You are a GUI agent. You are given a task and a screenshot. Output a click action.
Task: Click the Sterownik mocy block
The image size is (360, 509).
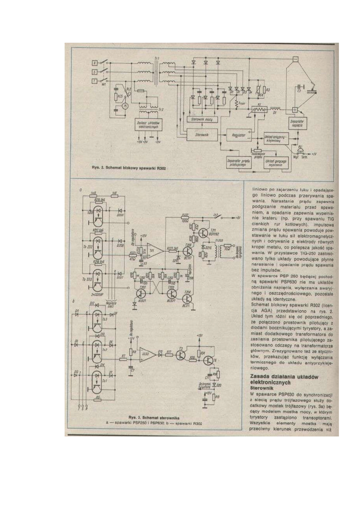pyautogui.click(x=203, y=120)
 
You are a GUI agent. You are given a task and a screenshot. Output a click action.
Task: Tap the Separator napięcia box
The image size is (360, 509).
pyautogui.click(x=298, y=124)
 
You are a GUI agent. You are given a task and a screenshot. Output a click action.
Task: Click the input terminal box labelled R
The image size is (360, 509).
pyautogui.click(x=95, y=62)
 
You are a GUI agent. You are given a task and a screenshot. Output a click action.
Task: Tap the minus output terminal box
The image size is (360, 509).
pyautogui.click(x=295, y=59)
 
